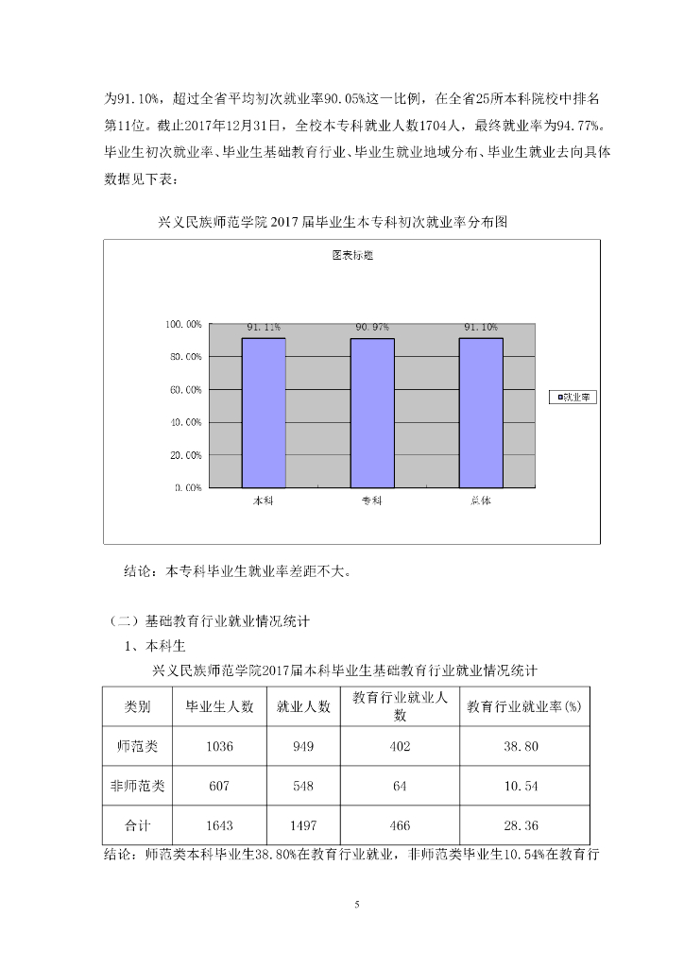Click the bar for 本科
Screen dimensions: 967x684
coord(264,412)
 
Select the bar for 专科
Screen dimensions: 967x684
coord(372,412)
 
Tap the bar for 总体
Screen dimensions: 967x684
coord(481,412)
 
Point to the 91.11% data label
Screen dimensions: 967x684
coord(264,327)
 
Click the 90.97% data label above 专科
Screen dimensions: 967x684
coord(372,327)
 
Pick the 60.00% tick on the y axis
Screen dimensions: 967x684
coord(184,390)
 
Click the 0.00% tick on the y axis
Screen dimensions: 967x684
coord(187,488)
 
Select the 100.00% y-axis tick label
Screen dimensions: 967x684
coord(182,325)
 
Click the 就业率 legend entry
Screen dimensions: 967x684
coord(573,398)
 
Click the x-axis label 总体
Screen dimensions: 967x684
coord(481,500)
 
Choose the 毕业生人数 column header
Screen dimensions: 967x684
coord(219,706)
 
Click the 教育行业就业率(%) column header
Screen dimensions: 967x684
coord(523,706)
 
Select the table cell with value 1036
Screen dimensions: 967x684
coord(219,746)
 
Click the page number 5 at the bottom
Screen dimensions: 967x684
coord(357,905)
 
